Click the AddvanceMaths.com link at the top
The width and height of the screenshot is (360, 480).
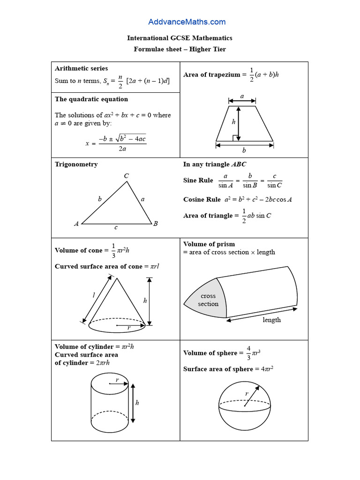[187, 22]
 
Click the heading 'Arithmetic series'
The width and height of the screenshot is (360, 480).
[81, 68]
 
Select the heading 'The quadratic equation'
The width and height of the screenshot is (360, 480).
[91, 99]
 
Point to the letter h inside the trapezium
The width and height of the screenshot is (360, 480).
[234, 121]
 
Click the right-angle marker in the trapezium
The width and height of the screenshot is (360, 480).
[235, 138]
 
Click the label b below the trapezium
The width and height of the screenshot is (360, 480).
[244, 150]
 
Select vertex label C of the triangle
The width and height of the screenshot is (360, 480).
[127, 176]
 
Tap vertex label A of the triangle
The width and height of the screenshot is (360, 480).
[76, 224]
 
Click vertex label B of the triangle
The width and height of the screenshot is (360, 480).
[155, 224]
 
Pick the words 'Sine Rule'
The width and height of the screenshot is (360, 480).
[198, 180]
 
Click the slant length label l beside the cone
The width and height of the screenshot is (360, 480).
[94, 295]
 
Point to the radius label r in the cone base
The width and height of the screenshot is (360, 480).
[128, 328]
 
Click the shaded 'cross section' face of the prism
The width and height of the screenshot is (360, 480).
[208, 300]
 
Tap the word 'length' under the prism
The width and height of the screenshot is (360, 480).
[271, 320]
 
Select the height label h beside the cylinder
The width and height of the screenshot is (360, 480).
[137, 402]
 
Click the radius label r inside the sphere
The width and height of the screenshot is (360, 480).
[247, 394]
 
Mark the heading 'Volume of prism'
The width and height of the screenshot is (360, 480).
[209, 244]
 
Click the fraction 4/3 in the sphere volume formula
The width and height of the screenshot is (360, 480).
[248, 353]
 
